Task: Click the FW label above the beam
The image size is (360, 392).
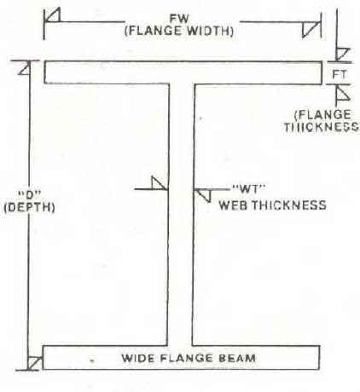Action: click(179, 19)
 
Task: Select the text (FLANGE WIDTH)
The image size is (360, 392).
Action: click(179, 31)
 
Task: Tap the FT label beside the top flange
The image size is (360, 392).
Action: click(340, 74)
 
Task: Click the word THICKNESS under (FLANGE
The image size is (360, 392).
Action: click(322, 127)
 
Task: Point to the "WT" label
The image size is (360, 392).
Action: click(249, 189)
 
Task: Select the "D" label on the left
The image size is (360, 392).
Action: click(30, 195)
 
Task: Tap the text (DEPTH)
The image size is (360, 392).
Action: click(29, 207)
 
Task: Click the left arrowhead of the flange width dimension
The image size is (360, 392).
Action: click(53, 15)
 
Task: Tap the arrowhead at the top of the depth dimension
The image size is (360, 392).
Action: click(25, 68)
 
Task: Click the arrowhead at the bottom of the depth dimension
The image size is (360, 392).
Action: click(34, 363)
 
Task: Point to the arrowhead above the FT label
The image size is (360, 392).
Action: click(342, 54)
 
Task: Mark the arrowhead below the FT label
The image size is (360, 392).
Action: click(343, 93)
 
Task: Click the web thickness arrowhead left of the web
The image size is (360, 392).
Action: click(159, 183)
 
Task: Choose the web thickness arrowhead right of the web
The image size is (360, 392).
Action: click(204, 195)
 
